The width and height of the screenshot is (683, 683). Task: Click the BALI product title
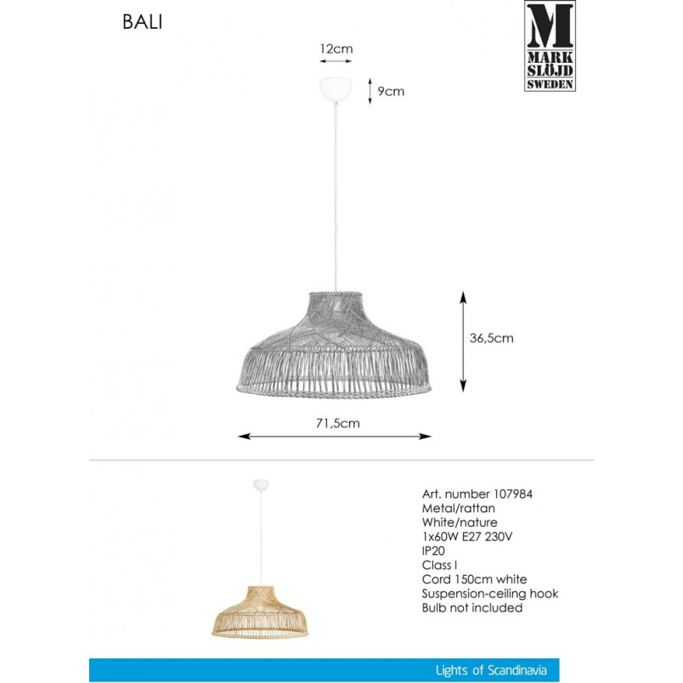[143, 22]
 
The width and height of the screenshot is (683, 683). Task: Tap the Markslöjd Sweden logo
[550, 46]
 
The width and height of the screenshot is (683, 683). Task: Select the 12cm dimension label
[336, 48]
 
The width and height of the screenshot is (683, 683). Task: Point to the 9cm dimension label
[391, 92]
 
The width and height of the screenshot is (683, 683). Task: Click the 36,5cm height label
[491, 338]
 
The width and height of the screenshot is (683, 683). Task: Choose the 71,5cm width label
[338, 423]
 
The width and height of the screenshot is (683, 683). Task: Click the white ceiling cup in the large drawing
[336, 89]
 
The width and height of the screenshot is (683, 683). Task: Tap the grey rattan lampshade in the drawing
[334, 345]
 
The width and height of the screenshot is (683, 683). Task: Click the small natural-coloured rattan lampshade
[260, 612]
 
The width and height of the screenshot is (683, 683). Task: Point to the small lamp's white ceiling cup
[261, 485]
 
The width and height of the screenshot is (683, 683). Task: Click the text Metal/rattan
[458, 508]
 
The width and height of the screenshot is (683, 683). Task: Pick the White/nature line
[460, 522]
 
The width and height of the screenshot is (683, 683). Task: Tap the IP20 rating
[433, 551]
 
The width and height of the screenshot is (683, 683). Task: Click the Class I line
[439, 565]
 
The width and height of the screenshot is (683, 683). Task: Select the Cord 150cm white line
[474, 579]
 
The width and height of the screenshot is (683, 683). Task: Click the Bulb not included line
[472, 607]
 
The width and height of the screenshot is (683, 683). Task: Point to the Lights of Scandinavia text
[491, 670]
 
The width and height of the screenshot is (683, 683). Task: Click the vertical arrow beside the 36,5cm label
[463, 341]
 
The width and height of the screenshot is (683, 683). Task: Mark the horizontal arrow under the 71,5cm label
[335, 436]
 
